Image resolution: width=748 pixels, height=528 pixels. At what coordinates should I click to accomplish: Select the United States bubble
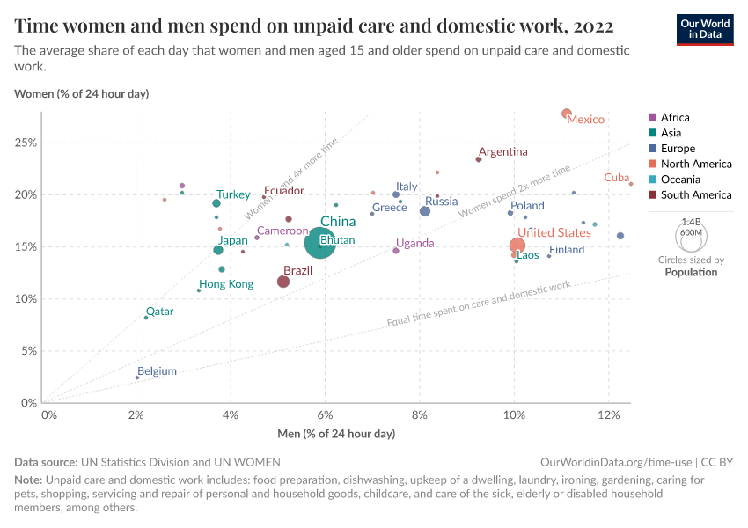(517, 246)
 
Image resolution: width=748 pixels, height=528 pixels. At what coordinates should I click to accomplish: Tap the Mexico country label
(585, 120)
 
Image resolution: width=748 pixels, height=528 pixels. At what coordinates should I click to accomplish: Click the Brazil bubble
(283, 282)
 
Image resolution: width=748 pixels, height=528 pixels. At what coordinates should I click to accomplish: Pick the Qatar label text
(159, 312)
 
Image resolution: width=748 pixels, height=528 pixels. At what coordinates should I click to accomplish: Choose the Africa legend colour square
(652, 117)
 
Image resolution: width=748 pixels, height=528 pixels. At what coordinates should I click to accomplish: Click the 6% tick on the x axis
(325, 415)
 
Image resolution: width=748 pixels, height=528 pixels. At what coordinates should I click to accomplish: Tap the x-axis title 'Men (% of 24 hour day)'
(335, 434)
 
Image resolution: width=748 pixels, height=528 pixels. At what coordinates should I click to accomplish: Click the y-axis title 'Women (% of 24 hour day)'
(82, 93)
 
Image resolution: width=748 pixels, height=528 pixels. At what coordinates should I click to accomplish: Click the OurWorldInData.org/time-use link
(615, 462)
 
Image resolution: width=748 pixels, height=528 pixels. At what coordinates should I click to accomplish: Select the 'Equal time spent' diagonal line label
(479, 305)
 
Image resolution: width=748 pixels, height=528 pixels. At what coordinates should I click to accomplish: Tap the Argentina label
(503, 152)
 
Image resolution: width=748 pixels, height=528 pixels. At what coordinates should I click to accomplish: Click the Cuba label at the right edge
(616, 178)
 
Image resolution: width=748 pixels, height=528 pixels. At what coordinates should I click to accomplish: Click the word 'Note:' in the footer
(29, 480)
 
